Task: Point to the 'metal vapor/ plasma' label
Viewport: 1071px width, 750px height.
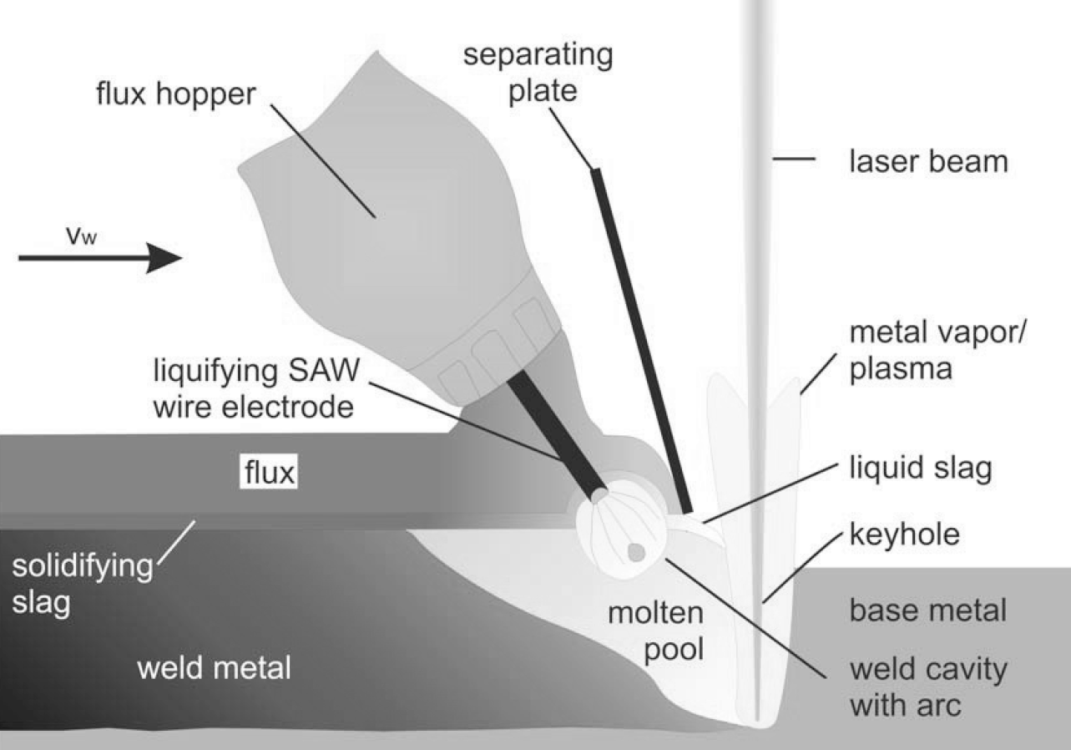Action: click(x=939, y=350)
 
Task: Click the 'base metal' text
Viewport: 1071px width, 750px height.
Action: click(x=927, y=611)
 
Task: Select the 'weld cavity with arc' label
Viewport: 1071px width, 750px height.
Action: click(x=927, y=687)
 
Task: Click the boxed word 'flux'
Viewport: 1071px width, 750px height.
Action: click(x=269, y=474)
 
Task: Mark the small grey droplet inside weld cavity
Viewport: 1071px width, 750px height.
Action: click(x=636, y=552)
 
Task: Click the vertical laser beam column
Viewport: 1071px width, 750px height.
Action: click(x=758, y=251)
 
